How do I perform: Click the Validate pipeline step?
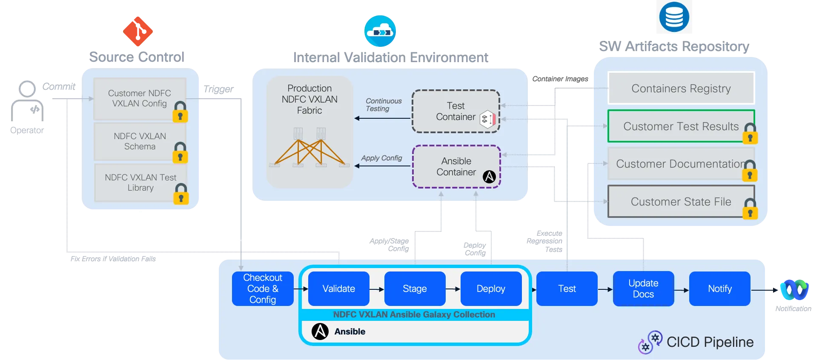pyautogui.click(x=338, y=289)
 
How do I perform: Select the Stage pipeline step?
pyautogui.click(x=415, y=289)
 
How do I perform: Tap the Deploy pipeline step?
pyautogui.click(x=491, y=289)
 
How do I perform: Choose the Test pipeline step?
pyautogui.click(x=567, y=289)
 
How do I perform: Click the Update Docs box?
pyautogui.click(x=643, y=289)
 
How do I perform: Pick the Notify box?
pyautogui.click(x=719, y=289)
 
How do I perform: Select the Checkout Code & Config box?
pyautogui.click(x=263, y=289)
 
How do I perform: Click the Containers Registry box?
pyautogui.click(x=681, y=89)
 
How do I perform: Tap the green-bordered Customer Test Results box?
pyautogui.click(x=681, y=126)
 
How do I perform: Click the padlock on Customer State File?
pyautogui.click(x=750, y=209)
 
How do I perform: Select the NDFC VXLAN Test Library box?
pyautogui.click(x=140, y=183)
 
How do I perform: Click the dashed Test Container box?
pyautogui.click(x=455, y=111)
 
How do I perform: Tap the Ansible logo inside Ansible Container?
pyautogui.click(x=489, y=176)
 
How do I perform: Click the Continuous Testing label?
pyautogui.click(x=383, y=105)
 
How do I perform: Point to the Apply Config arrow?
pyautogui.click(x=382, y=166)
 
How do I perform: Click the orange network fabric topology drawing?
pyautogui.click(x=309, y=149)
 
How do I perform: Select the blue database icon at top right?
pyautogui.click(x=674, y=17)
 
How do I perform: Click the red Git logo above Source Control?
pyautogui.click(x=137, y=31)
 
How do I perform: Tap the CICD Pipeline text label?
pyautogui.click(x=710, y=342)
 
